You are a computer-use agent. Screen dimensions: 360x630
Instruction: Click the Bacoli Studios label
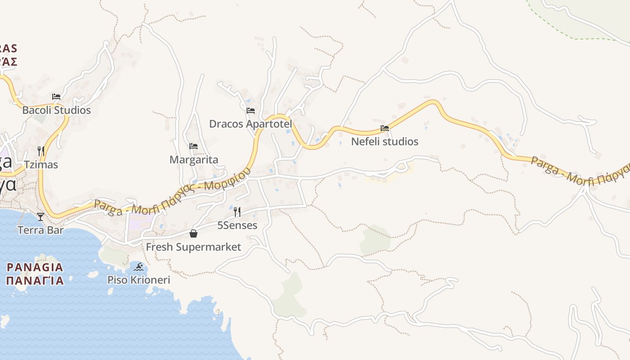click(x=56, y=110)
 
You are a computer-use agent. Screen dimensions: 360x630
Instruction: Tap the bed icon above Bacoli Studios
click(x=56, y=97)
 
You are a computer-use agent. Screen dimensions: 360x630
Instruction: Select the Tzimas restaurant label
click(x=41, y=165)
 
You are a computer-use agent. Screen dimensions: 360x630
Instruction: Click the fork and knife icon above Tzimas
click(x=41, y=151)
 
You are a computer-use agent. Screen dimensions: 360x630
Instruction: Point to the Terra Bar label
click(x=40, y=230)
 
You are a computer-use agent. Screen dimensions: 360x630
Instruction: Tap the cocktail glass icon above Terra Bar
click(x=40, y=217)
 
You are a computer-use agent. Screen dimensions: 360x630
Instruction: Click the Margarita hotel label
click(x=193, y=160)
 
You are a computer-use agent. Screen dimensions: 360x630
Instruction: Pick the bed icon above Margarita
click(x=193, y=146)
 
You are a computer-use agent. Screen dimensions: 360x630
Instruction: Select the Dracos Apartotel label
click(x=251, y=124)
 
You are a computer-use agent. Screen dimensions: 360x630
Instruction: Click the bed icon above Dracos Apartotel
click(x=251, y=110)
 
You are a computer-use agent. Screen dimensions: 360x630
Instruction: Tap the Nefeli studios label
click(x=385, y=142)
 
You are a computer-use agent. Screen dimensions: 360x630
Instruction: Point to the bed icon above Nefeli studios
click(x=385, y=128)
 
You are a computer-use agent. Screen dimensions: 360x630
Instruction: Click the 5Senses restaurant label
click(x=237, y=225)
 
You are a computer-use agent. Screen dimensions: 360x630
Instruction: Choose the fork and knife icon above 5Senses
click(x=237, y=211)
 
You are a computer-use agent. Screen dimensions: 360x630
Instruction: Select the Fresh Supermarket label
click(x=193, y=247)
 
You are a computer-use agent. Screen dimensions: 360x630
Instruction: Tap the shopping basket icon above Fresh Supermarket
click(x=193, y=234)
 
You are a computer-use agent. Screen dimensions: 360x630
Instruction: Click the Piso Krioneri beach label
click(x=139, y=280)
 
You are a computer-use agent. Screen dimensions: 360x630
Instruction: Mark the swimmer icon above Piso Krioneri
click(x=139, y=267)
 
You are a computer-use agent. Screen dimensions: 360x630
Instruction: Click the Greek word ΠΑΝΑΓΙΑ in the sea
click(x=35, y=281)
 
